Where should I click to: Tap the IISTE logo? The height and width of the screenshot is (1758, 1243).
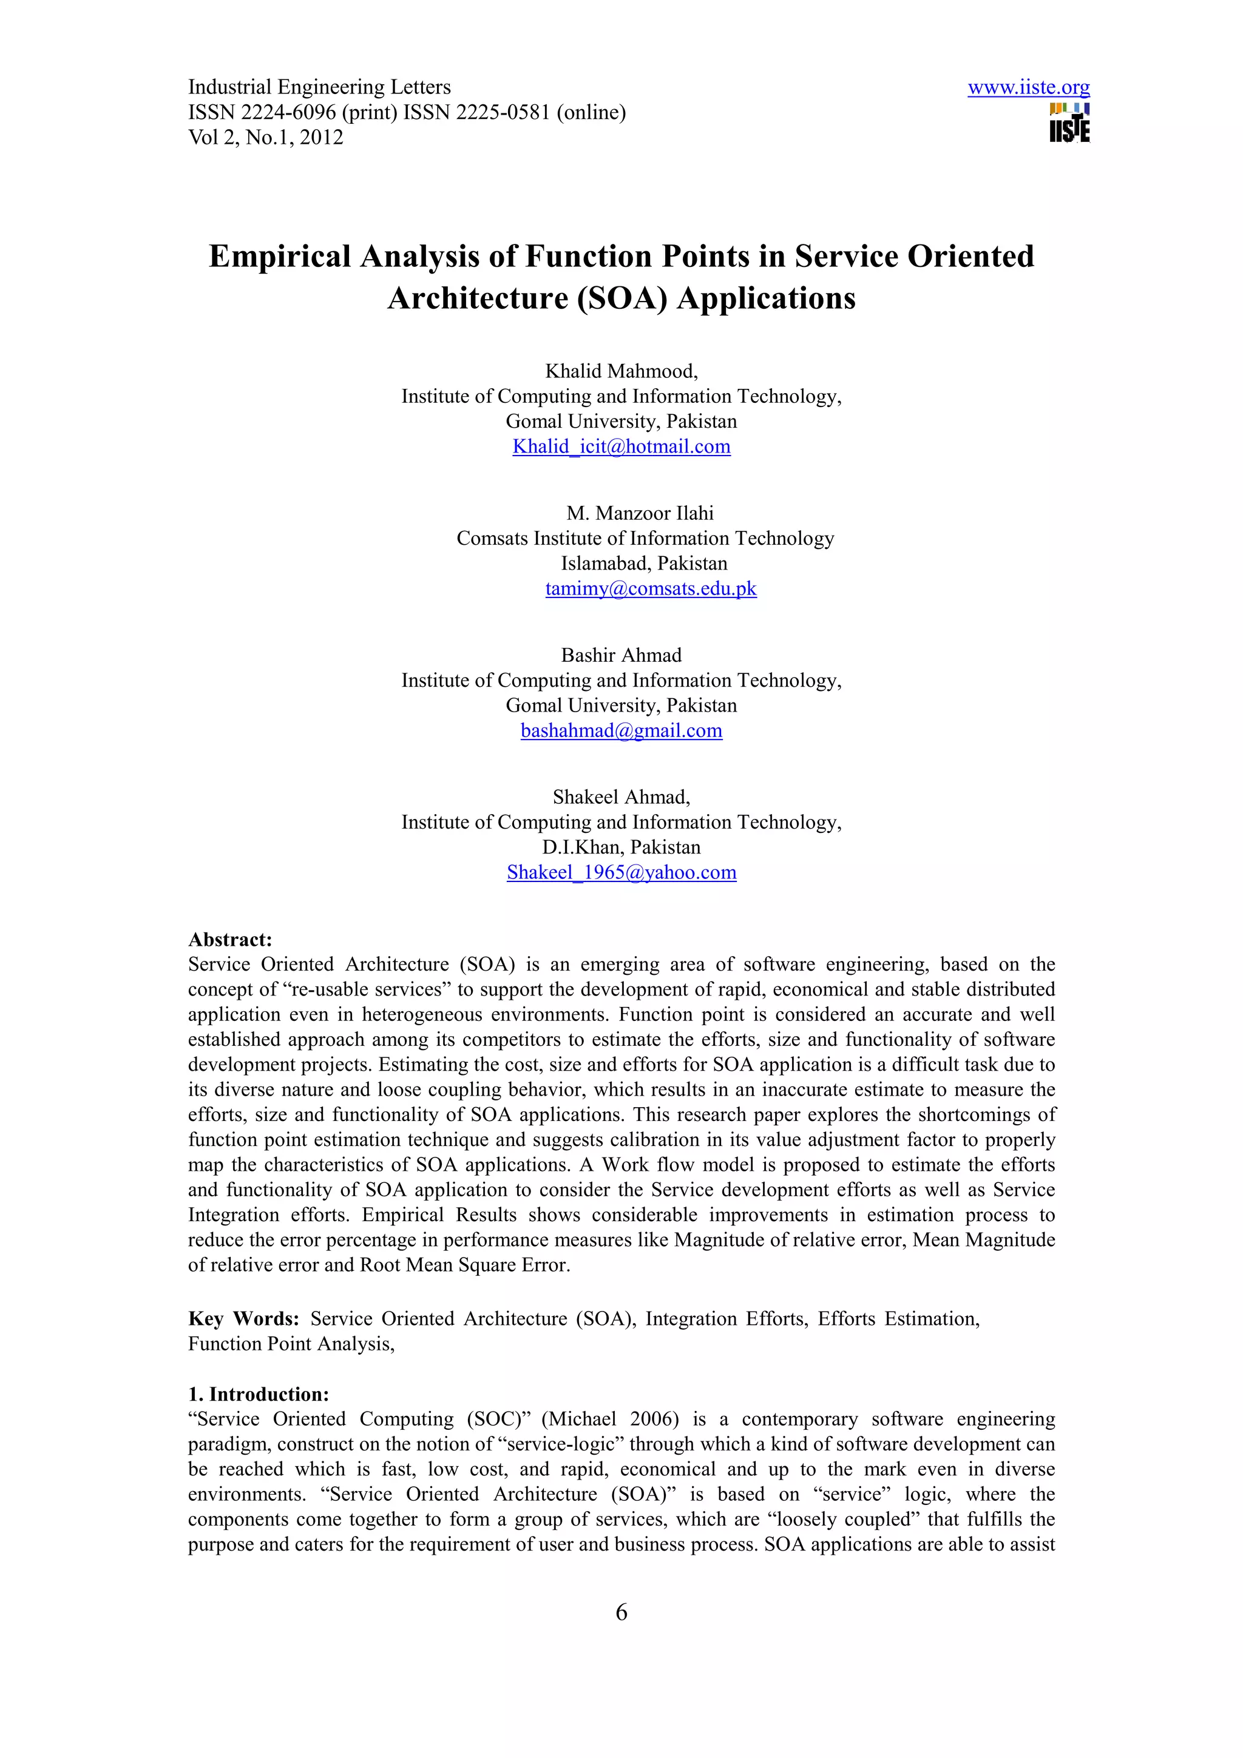click(x=1069, y=123)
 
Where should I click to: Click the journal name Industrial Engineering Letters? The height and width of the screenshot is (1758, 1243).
click(x=319, y=87)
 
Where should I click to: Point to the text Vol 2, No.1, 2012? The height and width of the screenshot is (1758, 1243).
click(x=265, y=138)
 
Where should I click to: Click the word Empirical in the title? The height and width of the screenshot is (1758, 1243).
click(x=280, y=257)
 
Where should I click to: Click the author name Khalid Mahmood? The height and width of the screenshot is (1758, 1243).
click(x=620, y=371)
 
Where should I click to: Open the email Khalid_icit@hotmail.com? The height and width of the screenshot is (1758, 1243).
click(x=621, y=446)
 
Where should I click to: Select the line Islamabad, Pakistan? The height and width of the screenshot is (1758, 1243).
click(x=643, y=564)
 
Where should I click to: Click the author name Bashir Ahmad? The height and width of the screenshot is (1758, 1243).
click(x=620, y=655)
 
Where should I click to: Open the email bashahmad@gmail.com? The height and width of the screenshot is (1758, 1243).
click(x=621, y=730)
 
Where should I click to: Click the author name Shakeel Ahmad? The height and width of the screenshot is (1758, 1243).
click(x=620, y=797)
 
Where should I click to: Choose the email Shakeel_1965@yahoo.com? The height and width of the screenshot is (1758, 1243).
click(x=621, y=872)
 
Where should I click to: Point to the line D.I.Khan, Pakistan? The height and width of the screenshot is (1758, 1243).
click(x=620, y=847)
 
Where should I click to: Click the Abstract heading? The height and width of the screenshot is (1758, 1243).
click(x=230, y=940)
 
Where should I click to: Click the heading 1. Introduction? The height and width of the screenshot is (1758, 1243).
click(x=258, y=1393)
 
